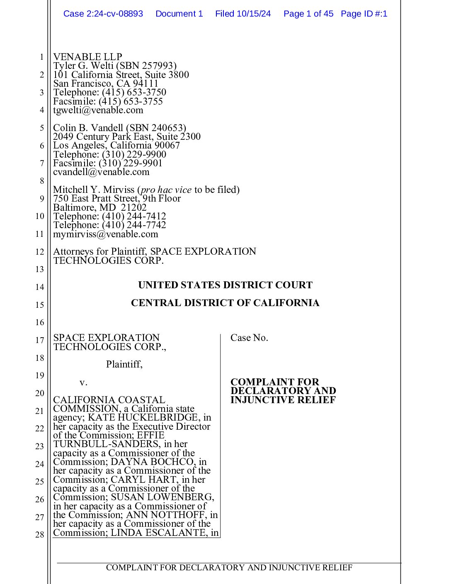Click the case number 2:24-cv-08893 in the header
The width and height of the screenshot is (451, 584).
click(114, 14)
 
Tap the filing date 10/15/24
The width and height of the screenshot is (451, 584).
click(253, 14)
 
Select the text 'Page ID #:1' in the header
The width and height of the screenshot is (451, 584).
click(364, 14)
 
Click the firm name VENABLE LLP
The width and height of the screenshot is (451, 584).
click(87, 57)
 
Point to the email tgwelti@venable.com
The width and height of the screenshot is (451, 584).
click(98, 110)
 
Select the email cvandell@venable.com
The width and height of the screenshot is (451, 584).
click(101, 172)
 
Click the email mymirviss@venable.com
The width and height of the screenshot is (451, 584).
click(106, 234)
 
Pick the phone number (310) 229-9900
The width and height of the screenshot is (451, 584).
click(134, 154)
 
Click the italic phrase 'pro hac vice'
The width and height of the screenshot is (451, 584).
click(166, 190)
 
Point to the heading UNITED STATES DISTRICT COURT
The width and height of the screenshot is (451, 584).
click(225, 285)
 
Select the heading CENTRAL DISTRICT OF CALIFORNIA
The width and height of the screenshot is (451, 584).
click(225, 303)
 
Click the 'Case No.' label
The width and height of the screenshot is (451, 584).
click(249, 338)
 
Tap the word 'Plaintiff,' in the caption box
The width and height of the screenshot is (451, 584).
click(124, 364)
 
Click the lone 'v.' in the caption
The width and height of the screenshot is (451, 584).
click(83, 382)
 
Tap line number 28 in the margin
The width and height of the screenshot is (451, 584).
click(39, 535)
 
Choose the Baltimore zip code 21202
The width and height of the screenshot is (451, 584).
click(133, 207)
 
